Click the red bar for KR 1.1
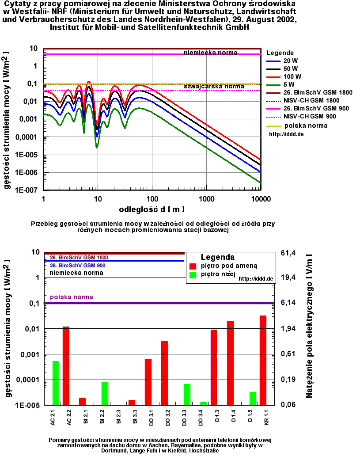pos(263,360)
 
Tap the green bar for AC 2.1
pos(56,383)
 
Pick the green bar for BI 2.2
pos(105,393)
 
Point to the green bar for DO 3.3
pos(187,394)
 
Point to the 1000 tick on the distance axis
pos(206,199)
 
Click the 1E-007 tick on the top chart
pos(27,190)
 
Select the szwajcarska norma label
pos(214,86)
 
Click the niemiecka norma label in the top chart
pos(211,53)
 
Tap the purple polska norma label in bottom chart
pos(72,297)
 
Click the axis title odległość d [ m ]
pos(152,209)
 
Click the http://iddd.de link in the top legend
pos(286,134)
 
